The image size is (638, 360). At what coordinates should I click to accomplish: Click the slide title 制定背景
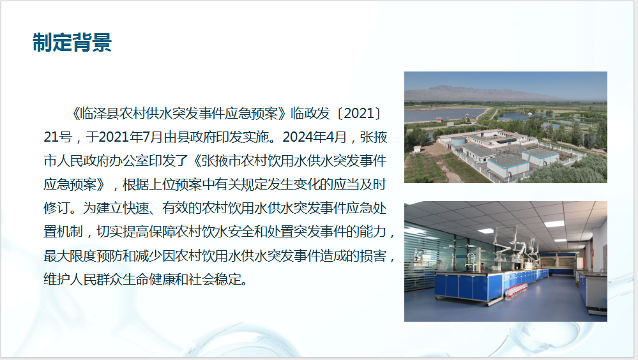tap(72, 42)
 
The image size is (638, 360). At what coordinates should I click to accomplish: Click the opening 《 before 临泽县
tap(75, 114)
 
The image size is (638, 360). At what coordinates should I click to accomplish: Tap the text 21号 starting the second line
tap(57, 137)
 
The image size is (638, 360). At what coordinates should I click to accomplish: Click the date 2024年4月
tap(314, 137)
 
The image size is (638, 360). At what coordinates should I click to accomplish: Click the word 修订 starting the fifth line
tap(57, 208)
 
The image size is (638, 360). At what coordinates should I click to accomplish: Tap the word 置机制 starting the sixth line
tap(63, 232)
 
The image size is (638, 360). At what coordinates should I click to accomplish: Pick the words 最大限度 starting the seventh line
tap(70, 256)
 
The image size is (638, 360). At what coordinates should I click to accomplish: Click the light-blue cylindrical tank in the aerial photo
tap(459, 142)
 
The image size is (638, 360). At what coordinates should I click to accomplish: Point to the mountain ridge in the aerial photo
tap(468, 92)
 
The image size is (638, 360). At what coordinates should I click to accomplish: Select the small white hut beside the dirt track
tap(416, 149)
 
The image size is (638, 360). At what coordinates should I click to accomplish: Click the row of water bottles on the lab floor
tap(516, 289)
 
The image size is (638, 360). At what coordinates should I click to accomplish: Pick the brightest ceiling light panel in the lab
tap(554, 224)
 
